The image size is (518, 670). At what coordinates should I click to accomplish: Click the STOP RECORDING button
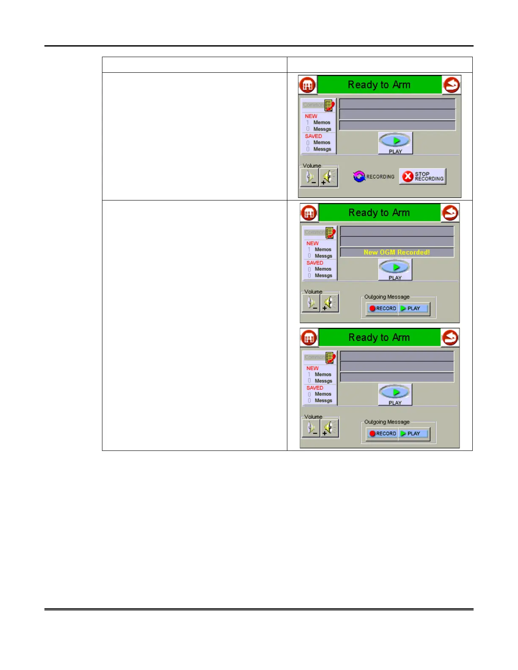[x=422, y=176]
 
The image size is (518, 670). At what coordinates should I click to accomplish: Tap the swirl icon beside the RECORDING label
[x=359, y=176]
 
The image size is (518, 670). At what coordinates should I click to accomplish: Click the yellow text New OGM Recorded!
[x=397, y=253]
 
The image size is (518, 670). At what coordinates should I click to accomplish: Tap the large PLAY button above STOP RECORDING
[x=395, y=143]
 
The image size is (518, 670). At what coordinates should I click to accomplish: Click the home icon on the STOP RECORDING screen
[x=308, y=85]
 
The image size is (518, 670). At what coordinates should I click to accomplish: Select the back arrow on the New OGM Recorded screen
[x=450, y=213]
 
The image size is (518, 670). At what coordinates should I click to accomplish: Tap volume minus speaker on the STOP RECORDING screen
[x=310, y=176]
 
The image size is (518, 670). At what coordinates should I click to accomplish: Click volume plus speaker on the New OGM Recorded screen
[x=329, y=303]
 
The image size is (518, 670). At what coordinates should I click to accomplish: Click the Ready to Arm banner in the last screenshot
[x=379, y=338]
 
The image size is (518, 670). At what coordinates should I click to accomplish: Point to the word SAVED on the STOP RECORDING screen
[x=313, y=136]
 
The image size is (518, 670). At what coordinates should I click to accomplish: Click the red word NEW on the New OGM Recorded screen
[x=312, y=243]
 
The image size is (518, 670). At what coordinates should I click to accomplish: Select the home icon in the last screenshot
[x=309, y=338]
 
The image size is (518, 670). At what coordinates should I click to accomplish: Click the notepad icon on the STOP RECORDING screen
[x=329, y=105]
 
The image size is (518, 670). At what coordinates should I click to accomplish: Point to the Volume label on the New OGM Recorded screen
[x=313, y=292]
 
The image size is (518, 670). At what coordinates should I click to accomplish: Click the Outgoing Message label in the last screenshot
[x=387, y=422]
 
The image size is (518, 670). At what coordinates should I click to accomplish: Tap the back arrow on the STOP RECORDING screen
[x=452, y=85]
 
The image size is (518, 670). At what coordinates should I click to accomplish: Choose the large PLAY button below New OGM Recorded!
[x=395, y=269]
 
